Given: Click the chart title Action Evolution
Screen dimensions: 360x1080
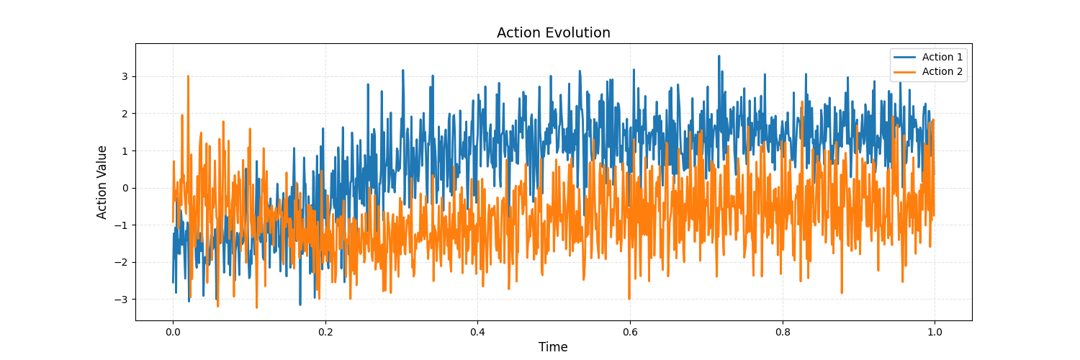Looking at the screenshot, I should (x=553, y=33).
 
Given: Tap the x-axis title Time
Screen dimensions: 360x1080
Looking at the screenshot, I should (x=553, y=347).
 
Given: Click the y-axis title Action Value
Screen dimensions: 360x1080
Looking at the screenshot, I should (x=102, y=182).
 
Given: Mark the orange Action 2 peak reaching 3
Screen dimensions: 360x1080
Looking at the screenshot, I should (x=188, y=76).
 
